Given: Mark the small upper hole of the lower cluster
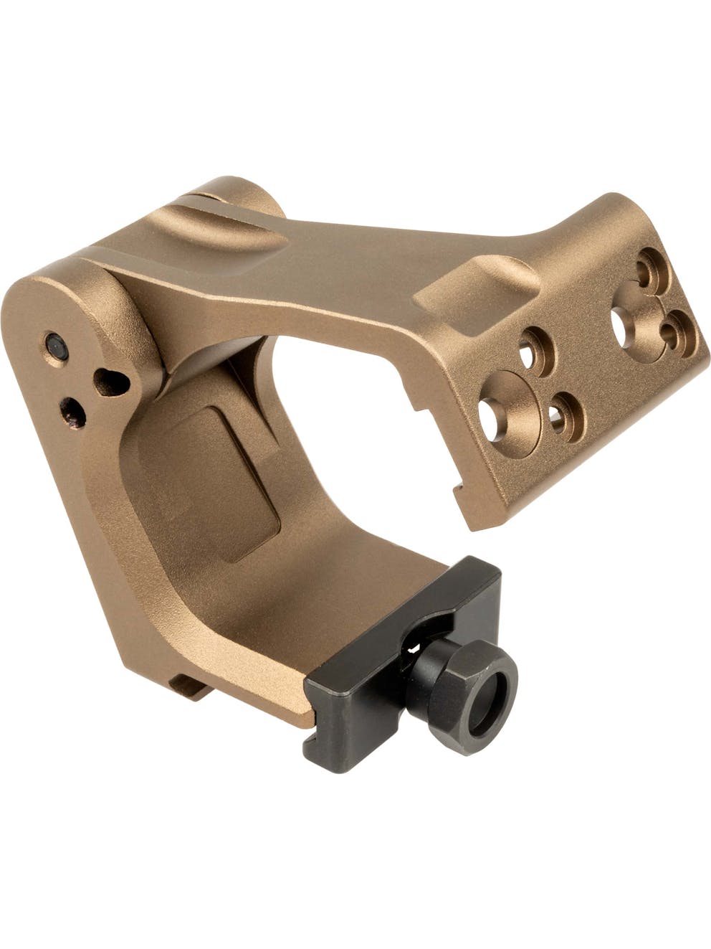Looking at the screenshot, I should (535, 351).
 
